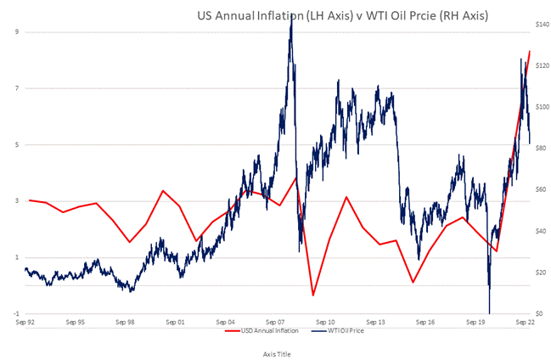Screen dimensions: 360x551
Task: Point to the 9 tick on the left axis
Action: pos(17,32)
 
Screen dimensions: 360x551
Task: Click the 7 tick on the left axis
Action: pos(17,88)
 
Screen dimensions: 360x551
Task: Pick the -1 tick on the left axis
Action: pos(16,314)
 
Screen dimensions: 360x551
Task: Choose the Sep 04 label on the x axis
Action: pos(227,323)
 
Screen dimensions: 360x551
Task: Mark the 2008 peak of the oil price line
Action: pos(291,17)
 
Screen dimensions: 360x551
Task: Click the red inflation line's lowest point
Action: pos(312,295)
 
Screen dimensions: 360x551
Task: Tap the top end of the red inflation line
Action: pos(530,51)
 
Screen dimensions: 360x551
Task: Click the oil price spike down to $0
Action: pos(490,312)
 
